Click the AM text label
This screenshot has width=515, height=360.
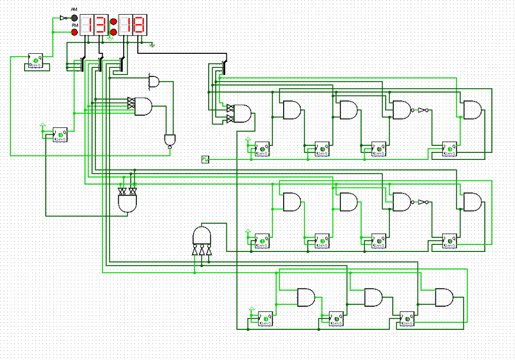pyautogui.click(x=74, y=10)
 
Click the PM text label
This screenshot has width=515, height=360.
pyautogui.click(x=74, y=25)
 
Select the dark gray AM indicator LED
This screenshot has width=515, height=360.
pyautogui.click(x=75, y=18)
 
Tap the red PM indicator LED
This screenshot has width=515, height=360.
pyautogui.click(x=75, y=32)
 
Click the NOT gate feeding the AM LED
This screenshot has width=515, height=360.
pyautogui.click(x=63, y=18)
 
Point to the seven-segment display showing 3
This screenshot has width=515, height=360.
pyautogui.click(x=102, y=25)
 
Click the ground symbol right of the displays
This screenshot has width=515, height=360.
pyautogui.click(x=152, y=45)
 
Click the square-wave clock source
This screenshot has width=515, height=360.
pyautogui.click(x=205, y=159)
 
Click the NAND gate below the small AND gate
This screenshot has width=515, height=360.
pyautogui.click(x=169, y=140)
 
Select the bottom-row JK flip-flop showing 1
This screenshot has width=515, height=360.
pyautogui.click(x=265, y=318)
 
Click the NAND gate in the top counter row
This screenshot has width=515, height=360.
pyautogui.click(x=402, y=110)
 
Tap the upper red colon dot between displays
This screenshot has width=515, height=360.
pyautogui.click(x=114, y=22)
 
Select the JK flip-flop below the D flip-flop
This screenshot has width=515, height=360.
pyautogui.click(x=60, y=135)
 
